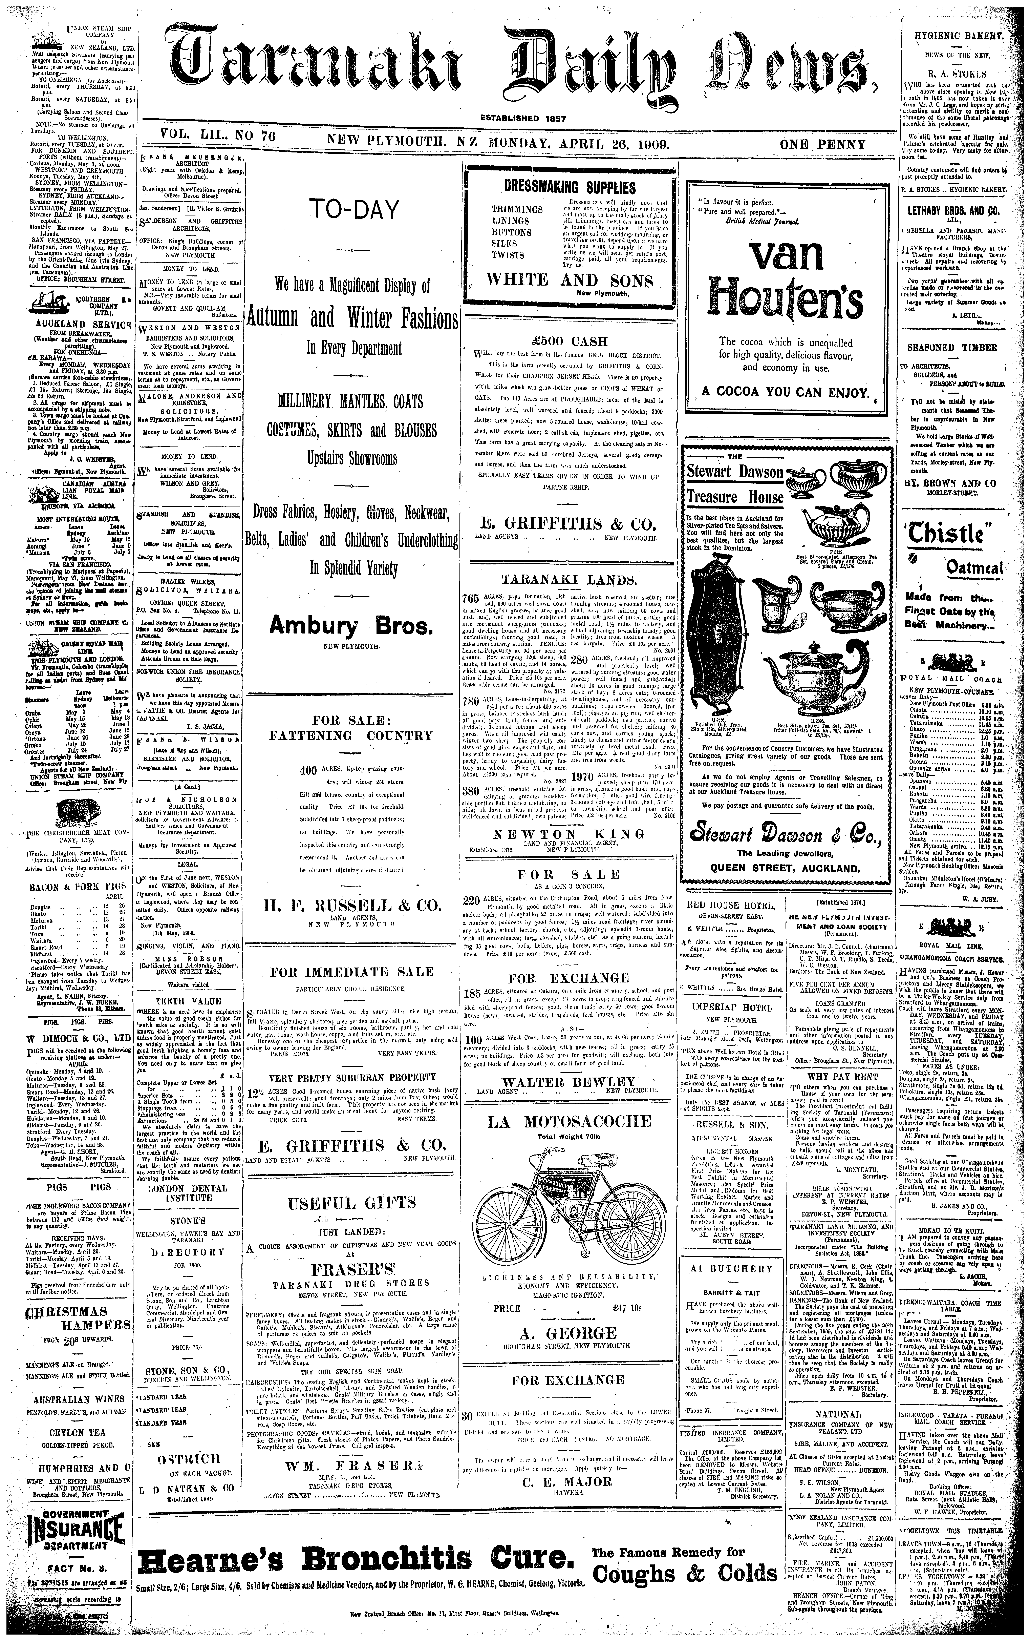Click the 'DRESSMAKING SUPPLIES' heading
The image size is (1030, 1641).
[570, 187]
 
